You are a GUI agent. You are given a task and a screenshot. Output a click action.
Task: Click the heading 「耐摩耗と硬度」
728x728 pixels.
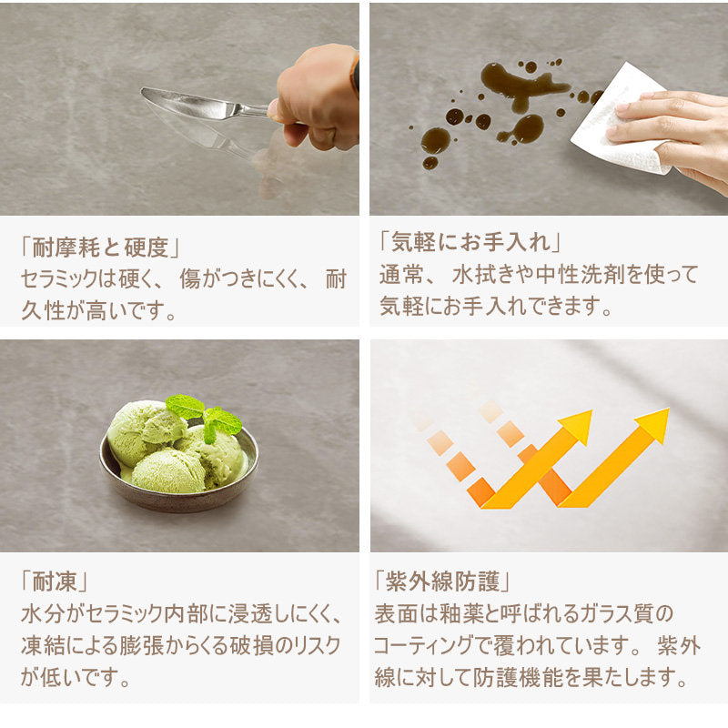[x=100, y=247]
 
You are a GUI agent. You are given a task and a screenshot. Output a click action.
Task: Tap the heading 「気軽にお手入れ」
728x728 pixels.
[x=470, y=241]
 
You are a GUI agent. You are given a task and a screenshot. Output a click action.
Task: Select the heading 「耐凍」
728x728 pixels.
[x=54, y=581]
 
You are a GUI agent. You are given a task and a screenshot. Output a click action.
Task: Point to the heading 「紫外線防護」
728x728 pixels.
[x=442, y=581]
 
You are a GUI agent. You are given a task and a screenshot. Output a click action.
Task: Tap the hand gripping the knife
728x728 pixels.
[x=317, y=96]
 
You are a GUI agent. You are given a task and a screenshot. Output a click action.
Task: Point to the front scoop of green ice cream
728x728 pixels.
[x=168, y=471]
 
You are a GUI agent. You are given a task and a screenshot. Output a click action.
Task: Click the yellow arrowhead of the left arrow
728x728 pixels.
[x=577, y=426]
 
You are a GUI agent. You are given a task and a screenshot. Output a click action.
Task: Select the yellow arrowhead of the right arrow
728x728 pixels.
[x=653, y=424]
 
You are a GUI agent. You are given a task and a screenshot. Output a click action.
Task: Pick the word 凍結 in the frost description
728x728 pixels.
[x=43, y=646]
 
